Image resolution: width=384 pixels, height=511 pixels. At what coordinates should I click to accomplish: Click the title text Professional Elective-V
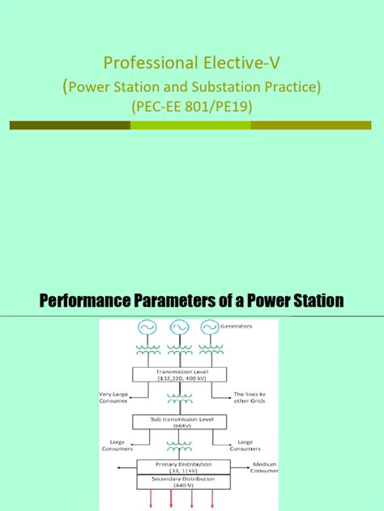coord(191,62)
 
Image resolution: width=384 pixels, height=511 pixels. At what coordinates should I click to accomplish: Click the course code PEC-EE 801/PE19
coord(191,105)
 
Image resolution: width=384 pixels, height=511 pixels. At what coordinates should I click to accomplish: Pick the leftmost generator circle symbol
coord(147,328)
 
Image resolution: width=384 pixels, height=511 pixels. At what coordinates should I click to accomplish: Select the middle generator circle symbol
coord(178,328)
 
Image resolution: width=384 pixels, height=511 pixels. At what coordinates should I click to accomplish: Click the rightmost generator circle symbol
coord(209,328)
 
